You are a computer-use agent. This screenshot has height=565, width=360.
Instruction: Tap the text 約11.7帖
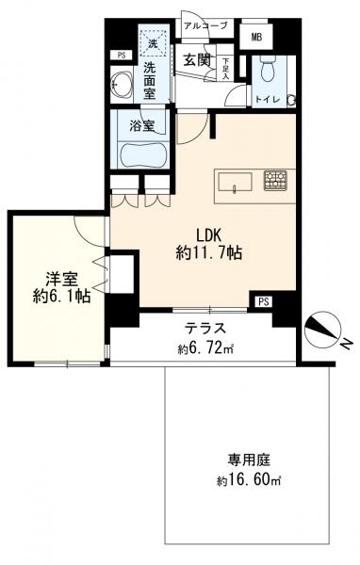click(210, 253)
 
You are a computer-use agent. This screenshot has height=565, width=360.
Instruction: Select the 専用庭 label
click(247, 461)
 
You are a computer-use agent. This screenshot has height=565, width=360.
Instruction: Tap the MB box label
click(256, 37)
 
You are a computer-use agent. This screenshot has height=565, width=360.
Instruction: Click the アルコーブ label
click(205, 26)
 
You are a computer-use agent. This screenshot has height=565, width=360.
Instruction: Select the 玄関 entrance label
click(196, 60)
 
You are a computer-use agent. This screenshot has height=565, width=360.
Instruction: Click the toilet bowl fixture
click(264, 71)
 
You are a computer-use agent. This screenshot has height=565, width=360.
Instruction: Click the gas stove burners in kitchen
click(275, 177)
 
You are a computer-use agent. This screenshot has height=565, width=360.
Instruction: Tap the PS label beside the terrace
click(263, 301)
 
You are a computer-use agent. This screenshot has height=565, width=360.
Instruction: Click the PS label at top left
click(120, 56)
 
